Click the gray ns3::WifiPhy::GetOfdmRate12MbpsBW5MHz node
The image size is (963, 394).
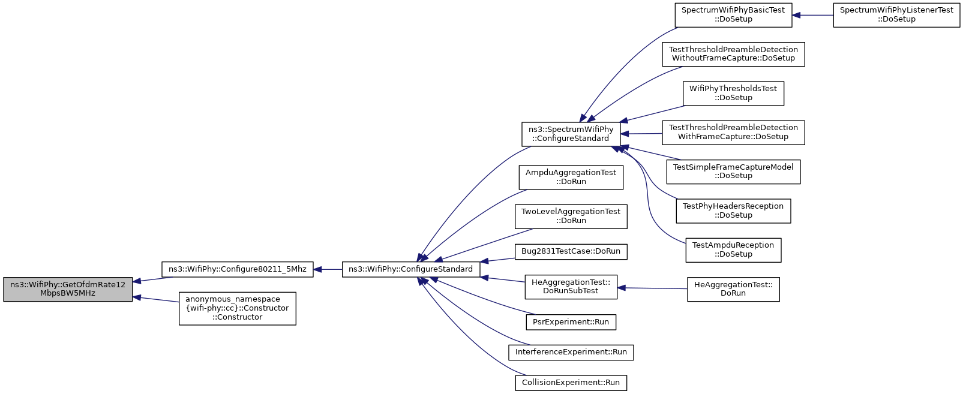click(x=68, y=289)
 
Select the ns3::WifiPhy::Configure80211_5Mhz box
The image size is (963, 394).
click(x=238, y=269)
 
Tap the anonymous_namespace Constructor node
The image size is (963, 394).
click(x=238, y=308)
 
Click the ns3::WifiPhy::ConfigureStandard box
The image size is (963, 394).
click(x=410, y=269)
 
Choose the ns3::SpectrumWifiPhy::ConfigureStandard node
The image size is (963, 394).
click(x=571, y=134)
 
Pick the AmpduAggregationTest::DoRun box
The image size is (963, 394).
click(x=571, y=177)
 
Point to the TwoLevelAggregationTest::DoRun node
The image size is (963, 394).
click(x=571, y=216)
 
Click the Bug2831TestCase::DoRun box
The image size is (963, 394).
click(x=571, y=251)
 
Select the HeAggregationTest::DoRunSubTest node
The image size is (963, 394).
click(x=571, y=287)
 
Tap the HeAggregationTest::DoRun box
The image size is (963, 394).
click(x=733, y=289)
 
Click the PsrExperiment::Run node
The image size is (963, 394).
click(x=571, y=322)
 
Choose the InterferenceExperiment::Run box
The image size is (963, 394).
click(x=571, y=353)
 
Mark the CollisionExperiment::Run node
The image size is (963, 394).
click(x=571, y=383)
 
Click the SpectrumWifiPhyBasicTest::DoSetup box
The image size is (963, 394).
click(x=733, y=15)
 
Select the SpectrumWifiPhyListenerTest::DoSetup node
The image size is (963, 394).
click(x=897, y=15)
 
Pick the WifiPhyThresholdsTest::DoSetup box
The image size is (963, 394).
click(x=733, y=93)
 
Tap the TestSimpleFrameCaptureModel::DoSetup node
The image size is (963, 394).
click(x=733, y=172)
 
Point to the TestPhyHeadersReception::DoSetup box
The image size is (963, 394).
click(x=733, y=211)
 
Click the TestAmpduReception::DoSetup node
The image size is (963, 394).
click(x=733, y=250)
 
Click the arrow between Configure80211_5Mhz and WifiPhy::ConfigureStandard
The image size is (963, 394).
click(x=328, y=269)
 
